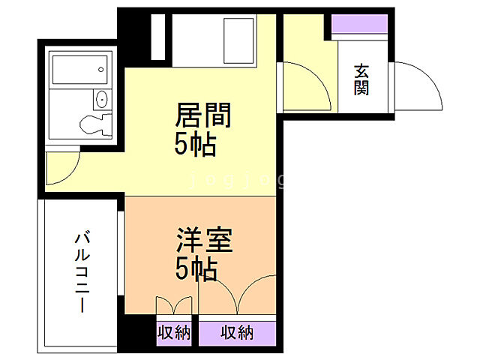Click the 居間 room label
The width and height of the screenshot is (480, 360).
tap(202, 116)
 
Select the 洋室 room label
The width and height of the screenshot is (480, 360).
tap(204, 241)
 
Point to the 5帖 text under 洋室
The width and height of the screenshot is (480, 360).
tap(196, 268)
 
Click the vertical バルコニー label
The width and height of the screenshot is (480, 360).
tap(82, 273)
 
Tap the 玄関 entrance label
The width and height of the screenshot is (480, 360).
tap(361, 80)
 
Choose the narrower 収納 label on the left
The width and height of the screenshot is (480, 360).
tap(174, 332)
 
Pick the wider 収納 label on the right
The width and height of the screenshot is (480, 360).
tap(237, 332)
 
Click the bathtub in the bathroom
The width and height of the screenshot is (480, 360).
tap(78, 68)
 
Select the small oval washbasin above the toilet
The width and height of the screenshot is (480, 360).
tap(101, 100)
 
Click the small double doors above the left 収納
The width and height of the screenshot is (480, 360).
tap(174, 307)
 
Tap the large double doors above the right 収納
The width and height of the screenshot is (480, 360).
tap(235, 296)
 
